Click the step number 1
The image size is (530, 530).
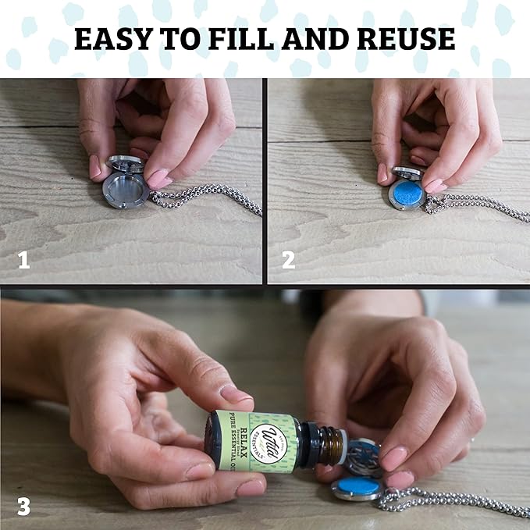click(23, 261)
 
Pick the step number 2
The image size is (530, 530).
click(289, 261)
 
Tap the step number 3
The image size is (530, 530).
click(23, 506)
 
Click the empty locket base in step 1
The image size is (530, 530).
click(125, 190)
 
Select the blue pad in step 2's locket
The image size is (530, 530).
click(406, 194)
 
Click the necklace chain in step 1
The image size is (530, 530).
click(211, 199)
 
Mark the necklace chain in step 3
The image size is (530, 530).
click(453, 500)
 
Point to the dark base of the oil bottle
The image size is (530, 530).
click(213, 441)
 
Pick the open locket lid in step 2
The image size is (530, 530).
click(407, 173)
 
